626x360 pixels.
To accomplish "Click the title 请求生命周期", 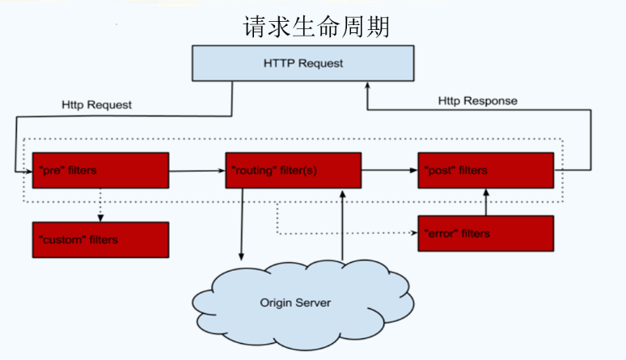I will pos(316,26).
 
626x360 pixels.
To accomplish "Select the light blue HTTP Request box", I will pos(302,64).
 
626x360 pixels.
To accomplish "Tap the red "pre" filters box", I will pos(100,171).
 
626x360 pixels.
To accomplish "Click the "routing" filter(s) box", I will pos(292,171).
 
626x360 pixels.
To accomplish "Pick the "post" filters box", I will pos(485,171).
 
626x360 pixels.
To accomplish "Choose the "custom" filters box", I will pos(100,239).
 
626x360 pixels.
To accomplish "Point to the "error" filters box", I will pos(485,233).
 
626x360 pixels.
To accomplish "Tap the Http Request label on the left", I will pos(96,105).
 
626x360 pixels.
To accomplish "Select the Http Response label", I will pos(477,101).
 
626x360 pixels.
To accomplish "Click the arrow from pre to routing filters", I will pos(197,171).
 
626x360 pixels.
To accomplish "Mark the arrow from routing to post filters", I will pos(389,171).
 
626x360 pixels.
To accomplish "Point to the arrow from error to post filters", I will pos(485,202).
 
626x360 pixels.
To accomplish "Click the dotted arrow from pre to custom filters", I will pos(100,205).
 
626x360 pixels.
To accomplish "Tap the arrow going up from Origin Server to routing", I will pos(343,227).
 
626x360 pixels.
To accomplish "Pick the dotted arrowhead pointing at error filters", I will pos(414,233).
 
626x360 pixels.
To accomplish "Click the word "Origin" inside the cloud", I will pos(276,303).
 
